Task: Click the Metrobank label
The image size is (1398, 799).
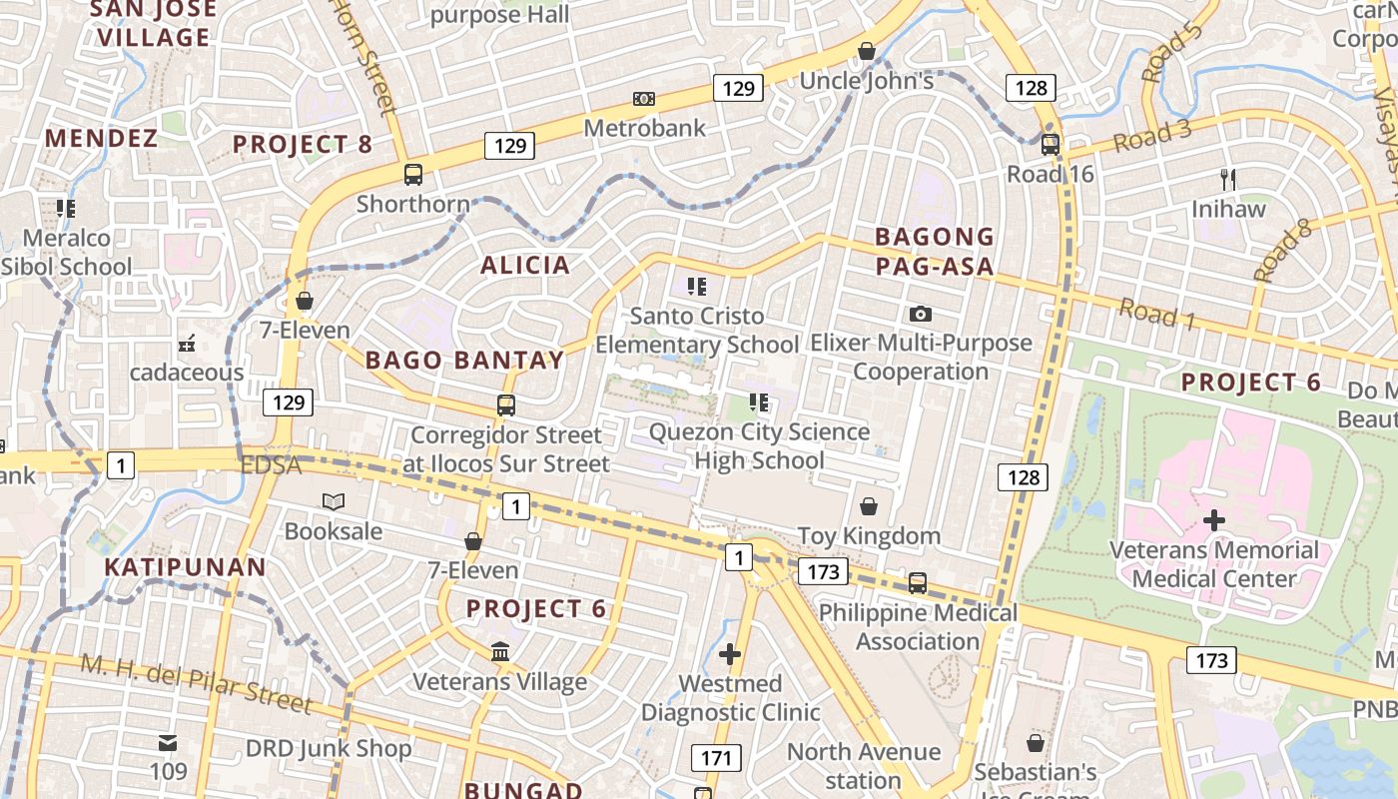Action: (x=644, y=128)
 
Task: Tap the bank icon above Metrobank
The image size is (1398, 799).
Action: (x=644, y=99)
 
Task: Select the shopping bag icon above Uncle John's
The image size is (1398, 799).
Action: (x=867, y=51)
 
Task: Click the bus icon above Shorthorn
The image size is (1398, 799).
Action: (x=413, y=175)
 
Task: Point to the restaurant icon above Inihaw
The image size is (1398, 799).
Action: (x=1228, y=180)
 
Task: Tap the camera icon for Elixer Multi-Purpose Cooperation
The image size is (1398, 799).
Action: (x=921, y=314)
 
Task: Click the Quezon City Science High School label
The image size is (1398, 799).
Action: (x=759, y=445)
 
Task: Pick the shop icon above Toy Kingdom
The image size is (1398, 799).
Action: (x=869, y=506)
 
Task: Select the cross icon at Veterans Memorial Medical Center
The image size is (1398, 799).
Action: (x=1214, y=520)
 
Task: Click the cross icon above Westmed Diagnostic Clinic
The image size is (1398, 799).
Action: (x=730, y=654)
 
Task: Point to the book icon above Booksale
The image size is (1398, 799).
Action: (x=333, y=501)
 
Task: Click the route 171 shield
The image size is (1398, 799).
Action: (x=716, y=758)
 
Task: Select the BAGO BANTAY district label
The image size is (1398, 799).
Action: (x=464, y=360)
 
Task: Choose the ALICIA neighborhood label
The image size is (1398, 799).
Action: (x=525, y=265)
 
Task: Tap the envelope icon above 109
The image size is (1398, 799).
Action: (x=168, y=743)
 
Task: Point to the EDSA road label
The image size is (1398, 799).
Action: (x=270, y=465)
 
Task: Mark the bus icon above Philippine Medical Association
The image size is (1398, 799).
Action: (x=918, y=583)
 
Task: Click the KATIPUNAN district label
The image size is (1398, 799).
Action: (x=186, y=568)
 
